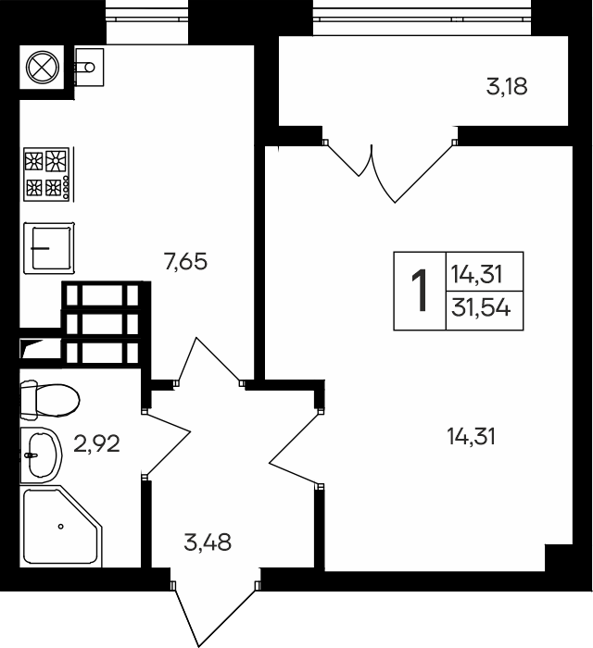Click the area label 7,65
pos(184,262)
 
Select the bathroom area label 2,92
pos(97,444)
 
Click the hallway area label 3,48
pos(208,542)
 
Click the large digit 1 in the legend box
pos(420,291)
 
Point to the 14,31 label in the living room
pos(471,435)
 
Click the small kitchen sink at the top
pos(87,66)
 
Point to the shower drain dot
pos(60,526)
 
